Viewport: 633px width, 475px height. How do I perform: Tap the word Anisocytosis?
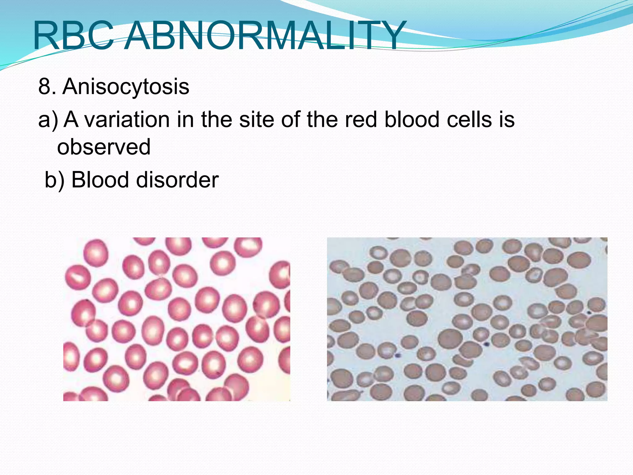click(x=126, y=87)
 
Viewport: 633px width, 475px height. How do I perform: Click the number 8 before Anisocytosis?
click(x=45, y=87)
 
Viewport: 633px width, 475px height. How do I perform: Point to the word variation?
click(x=127, y=120)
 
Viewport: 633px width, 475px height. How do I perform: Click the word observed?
click(x=104, y=147)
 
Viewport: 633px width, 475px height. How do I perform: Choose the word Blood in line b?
click(x=100, y=180)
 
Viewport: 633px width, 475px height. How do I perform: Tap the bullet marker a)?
click(x=48, y=120)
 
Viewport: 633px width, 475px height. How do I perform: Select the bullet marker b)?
click(x=54, y=180)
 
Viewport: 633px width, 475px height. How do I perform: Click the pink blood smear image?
click(x=176, y=319)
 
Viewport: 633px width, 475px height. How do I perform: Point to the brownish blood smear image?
click(x=467, y=319)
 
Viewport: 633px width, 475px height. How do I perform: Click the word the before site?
click(x=217, y=120)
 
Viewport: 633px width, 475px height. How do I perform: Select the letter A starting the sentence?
click(x=71, y=120)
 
